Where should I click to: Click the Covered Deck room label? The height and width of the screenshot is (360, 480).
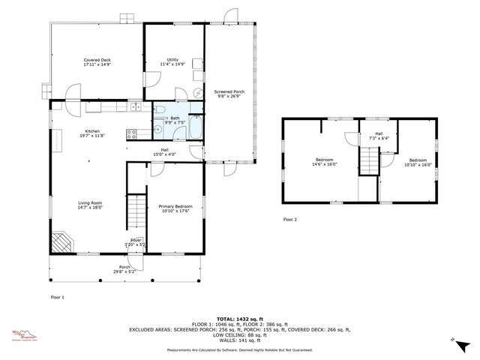pos(97,62)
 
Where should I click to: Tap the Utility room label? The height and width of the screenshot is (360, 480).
pos(172,62)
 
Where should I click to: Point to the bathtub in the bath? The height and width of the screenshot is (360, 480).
pos(194,129)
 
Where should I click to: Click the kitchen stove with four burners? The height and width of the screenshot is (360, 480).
pos(131,134)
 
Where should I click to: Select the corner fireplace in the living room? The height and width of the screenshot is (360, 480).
pos(62,241)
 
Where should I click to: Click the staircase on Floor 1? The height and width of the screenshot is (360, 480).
pos(136,211)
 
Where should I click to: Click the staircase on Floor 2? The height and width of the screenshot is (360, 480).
pos(369,159)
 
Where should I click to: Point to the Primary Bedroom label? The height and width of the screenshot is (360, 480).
pos(175,208)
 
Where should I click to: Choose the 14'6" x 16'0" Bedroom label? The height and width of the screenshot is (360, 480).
pos(325,162)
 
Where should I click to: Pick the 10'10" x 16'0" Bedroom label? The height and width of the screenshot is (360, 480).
pos(418,162)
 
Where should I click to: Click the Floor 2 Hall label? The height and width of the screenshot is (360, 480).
pos(379,136)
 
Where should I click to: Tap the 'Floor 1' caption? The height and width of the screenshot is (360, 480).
pos(57,298)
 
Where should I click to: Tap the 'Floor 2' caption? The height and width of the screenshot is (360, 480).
pos(289,220)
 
